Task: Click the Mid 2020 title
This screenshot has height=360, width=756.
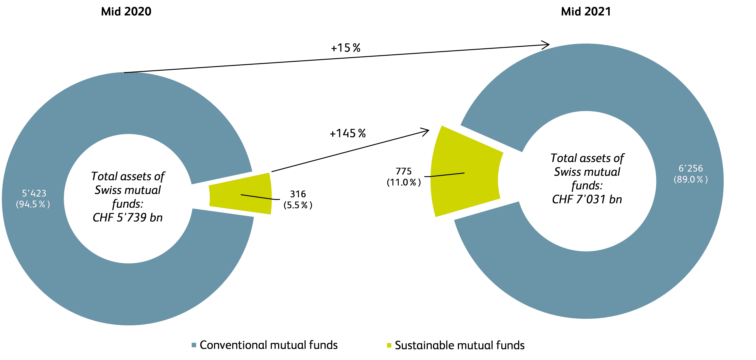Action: click(x=126, y=12)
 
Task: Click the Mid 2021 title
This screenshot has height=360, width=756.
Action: click(x=586, y=12)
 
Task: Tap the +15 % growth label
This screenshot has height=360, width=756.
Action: click(x=345, y=48)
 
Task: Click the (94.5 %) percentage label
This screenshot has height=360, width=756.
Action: click(x=33, y=204)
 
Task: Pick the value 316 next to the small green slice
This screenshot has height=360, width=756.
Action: click(x=298, y=194)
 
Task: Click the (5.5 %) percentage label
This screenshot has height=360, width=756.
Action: click(x=298, y=205)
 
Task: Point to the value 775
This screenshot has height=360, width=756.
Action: click(x=404, y=171)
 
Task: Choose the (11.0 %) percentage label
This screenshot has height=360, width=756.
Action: click(x=404, y=182)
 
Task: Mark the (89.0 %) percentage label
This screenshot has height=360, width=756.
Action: click(x=691, y=179)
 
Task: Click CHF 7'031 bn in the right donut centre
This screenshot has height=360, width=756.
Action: click(x=587, y=199)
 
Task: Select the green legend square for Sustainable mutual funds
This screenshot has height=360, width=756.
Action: click(x=389, y=345)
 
